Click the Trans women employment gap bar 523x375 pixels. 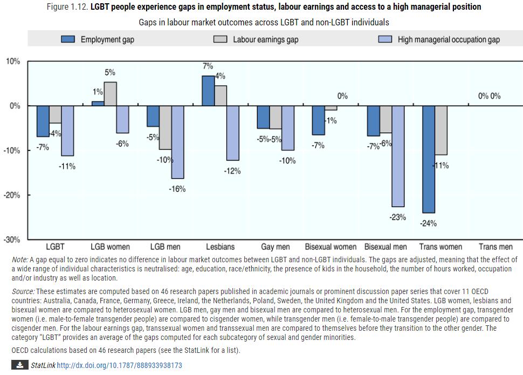428,159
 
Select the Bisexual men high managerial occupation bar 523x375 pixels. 398,156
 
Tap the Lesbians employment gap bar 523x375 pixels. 208,91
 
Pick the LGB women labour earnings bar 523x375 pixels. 110,94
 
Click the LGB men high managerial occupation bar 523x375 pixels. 177,142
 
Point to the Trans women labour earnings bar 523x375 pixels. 441,131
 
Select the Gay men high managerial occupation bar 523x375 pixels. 288,128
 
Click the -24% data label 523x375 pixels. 428,223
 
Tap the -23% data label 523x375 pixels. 397,217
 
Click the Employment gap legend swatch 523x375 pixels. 68,39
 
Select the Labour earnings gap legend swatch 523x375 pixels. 221,39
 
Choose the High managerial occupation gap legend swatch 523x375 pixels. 385,39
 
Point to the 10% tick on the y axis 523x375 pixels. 13,62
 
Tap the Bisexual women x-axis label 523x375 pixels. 331,247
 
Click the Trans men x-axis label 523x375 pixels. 496,247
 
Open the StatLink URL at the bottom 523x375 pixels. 119,365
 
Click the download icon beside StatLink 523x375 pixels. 19,365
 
